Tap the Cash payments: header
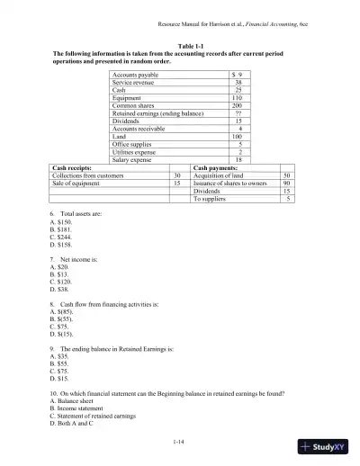coord(217,167)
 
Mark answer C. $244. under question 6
coord(61,237)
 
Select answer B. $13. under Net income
coord(60,274)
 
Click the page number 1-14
coord(180,441)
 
